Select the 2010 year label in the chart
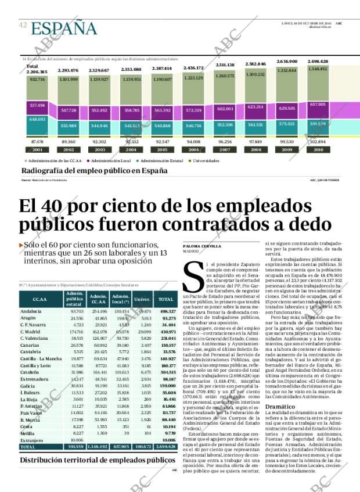(x=318, y=149)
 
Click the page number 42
(x=23, y=25)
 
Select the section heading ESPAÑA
(x=64, y=28)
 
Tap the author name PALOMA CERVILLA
(x=201, y=246)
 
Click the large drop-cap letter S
(x=191, y=276)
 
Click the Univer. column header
(x=142, y=299)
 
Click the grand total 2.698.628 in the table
(x=164, y=447)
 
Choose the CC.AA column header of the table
(x=40, y=299)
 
